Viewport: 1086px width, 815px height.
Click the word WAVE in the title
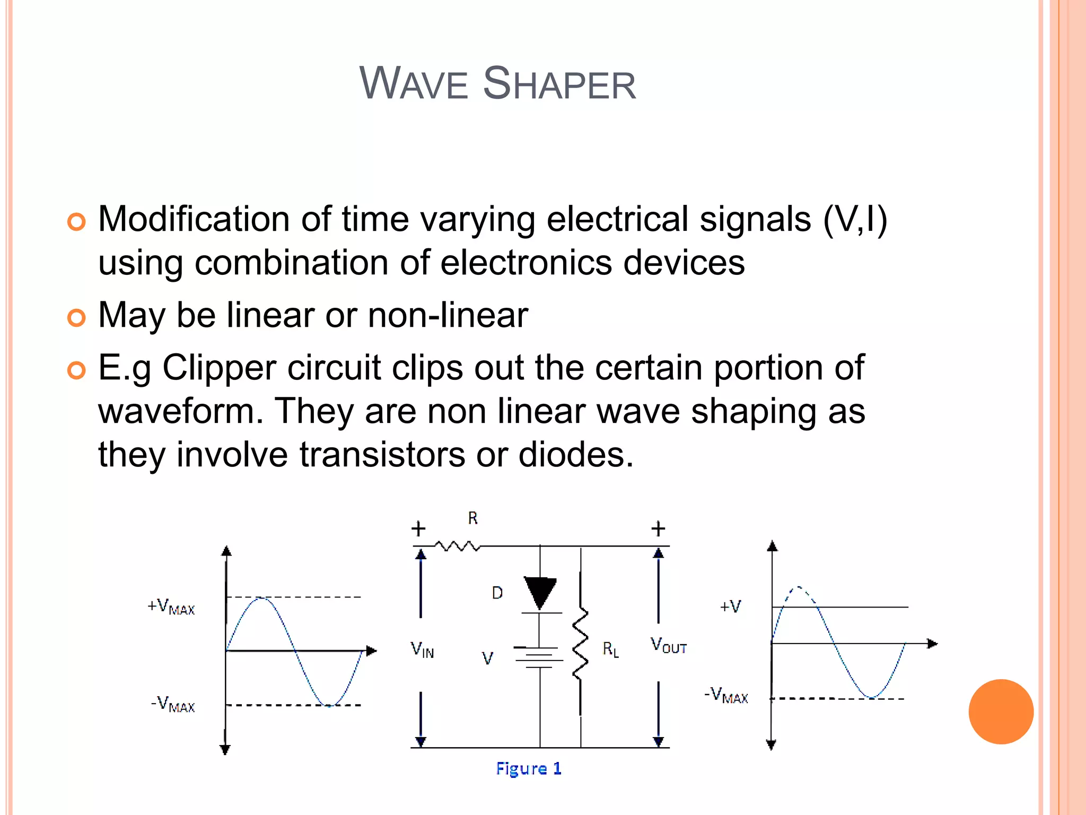(x=414, y=84)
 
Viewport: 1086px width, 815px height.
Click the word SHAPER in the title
(x=559, y=84)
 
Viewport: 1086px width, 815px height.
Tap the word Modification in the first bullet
(x=194, y=219)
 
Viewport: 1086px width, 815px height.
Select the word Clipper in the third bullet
(x=219, y=367)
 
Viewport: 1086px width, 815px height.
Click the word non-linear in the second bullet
(x=448, y=315)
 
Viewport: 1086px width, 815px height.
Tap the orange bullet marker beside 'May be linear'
(x=77, y=317)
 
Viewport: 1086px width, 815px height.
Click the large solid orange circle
(x=1001, y=712)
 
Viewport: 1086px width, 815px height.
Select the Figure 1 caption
(x=529, y=768)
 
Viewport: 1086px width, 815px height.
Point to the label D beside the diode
(x=497, y=593)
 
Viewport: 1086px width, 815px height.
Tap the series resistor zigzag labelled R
(x=458, y=545)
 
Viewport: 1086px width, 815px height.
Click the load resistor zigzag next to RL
(x=581, y=644)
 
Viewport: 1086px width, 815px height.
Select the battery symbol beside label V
(x=539, y=657)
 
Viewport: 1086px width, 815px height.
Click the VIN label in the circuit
(x=422, y=649)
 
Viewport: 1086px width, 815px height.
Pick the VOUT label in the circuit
(x=668, y=646)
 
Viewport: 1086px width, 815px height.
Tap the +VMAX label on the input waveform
(x=171, y=607)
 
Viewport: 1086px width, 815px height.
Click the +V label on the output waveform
(x=730, y=606)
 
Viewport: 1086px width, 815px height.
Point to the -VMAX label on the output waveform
(x=726, y=695)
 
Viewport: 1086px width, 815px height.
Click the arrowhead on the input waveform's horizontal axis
(x=372, y=651)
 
